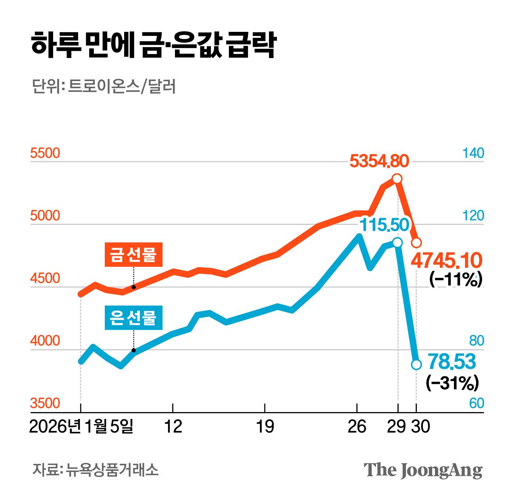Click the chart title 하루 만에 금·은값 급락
point(153,45)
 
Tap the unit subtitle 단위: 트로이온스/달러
point(104,87)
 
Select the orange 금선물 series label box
point(133,254)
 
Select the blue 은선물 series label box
point(133,318)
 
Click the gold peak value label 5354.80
point(379,161)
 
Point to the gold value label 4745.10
point(446,261)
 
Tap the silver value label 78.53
point(451,361)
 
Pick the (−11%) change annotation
point(456,279)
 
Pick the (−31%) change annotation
point(452,383)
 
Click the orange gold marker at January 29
point(397,179)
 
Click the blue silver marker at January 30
point(416,365)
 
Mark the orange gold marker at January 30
point(416,243)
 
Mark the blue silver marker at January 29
point(397,242)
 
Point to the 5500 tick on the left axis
point(45,153)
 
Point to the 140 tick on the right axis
point(473,153)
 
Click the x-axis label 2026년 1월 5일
point(81,426)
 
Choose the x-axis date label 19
point(265,426)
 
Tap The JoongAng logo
point(423,470)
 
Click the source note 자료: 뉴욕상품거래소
point(96,470)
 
